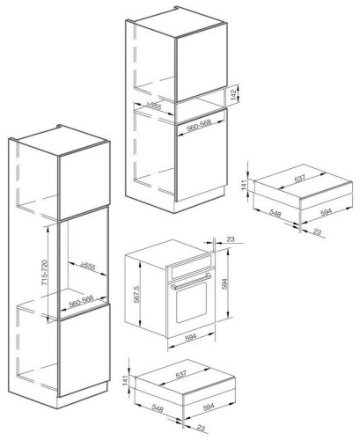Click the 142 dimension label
point(233,95)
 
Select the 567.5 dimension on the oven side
point(137,294)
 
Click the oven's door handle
point(191,281)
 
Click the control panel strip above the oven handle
point(191,267)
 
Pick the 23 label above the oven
point(231,239)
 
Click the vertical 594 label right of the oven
point(224,283)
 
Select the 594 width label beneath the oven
point(191,338)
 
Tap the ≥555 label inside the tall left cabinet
point(88,267)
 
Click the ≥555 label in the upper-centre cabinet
point(154,106)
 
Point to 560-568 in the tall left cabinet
point(81,302)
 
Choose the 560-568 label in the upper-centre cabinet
point(199,125)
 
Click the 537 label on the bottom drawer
point(181,375)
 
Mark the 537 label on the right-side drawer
point(300,179)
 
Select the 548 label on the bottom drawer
point(158,408)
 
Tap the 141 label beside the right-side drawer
point(244,185)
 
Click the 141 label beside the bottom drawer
point(125,380)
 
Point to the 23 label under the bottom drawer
point(201,428)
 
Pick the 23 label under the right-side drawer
point(318,231)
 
